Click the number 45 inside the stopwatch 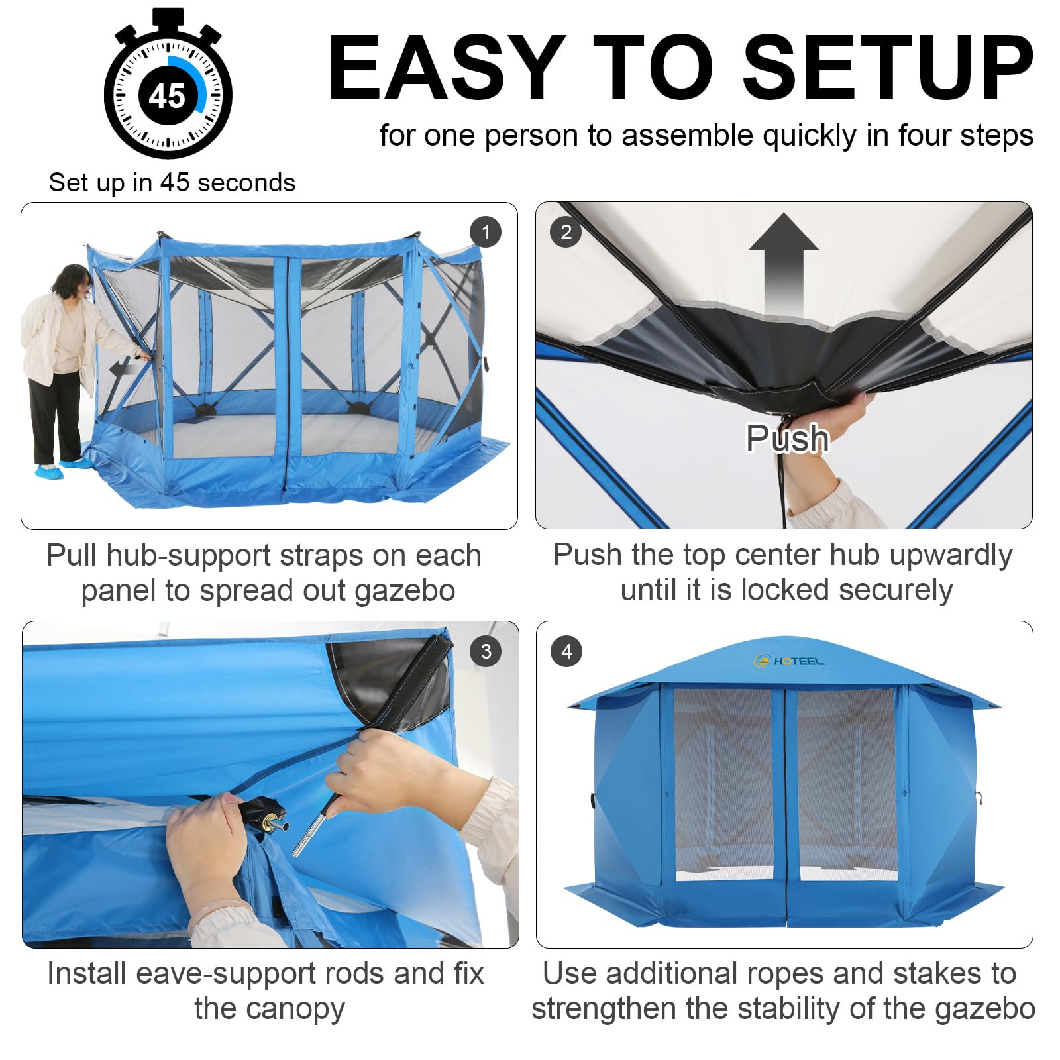167,96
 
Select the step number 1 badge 486,232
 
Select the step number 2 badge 566,232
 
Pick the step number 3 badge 486,651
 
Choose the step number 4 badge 566,651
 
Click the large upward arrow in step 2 784,265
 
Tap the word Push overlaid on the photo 787,438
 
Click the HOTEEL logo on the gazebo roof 789,661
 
